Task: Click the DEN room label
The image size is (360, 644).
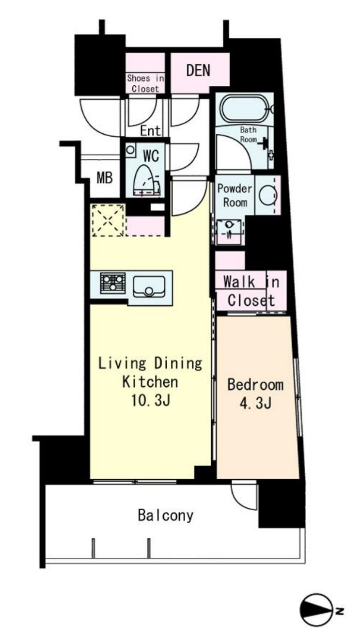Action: pyautogui.click(x=198, y=70)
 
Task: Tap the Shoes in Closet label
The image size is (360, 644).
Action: pyautogui.click(x=145, y=83)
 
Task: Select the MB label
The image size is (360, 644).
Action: pyautogui.click(x=104, y=177)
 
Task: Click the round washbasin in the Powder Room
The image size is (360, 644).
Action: pyautogui.click(x=267, y=195)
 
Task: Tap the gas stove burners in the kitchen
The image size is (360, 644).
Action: pyautogui.click(x=113, y=283)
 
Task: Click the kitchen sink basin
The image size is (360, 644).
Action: pyautogui.click(x=149, y=286)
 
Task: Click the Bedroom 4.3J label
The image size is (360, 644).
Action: pyautogui.click(x=255, y=394)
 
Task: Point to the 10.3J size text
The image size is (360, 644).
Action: pyautogui.click(x=150, y=400)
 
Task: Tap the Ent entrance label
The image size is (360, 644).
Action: pyautogui.click(x=150, y=131)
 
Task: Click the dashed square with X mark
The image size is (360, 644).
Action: pyautogui.click(x=109, y=220)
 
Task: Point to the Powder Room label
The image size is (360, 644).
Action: pyautogui.click(x=235, y=195)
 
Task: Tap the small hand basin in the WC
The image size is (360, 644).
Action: pyautogui.click(x=130, y=150)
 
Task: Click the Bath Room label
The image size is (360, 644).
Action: pyautogui.click(x=248, y=134)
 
